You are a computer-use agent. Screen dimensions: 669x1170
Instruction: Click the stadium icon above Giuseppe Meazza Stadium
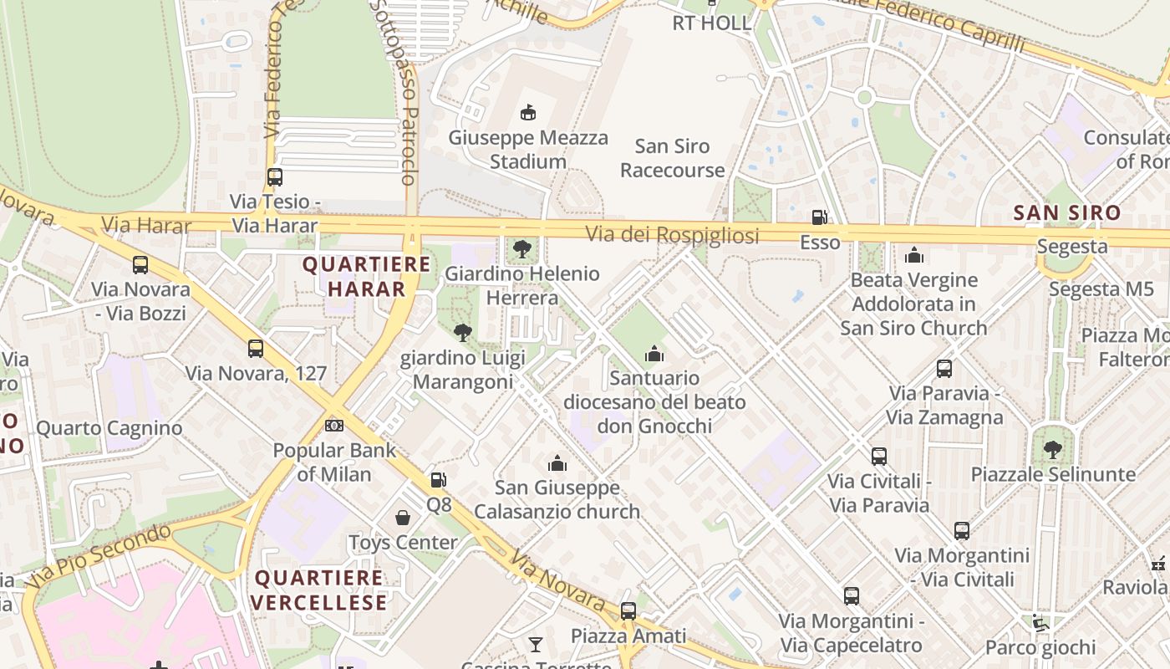coord(527,112)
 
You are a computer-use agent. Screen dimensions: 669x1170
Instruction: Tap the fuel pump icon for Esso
coord(819,217)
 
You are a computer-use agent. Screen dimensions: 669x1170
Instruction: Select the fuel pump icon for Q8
coord(438,480)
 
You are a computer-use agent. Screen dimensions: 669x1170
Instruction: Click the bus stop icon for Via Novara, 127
coord(256,349)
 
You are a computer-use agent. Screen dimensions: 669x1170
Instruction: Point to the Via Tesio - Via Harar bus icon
coord(274,177)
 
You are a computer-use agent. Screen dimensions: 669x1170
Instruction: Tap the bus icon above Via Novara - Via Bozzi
coord(140,265)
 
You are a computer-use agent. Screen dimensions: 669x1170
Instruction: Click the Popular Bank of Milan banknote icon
coord(334,426)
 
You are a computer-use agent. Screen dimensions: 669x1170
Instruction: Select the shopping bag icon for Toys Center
coord(403,518)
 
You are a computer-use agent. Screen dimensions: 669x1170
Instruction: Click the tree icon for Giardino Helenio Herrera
coord(522,248)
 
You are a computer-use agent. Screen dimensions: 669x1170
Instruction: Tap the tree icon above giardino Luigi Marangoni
coord(462,333)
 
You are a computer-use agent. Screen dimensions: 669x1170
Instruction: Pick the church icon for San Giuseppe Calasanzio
coord(557,463)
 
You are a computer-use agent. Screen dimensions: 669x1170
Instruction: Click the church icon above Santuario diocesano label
coord(654,355)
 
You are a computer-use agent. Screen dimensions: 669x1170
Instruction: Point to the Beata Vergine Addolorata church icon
coord(914,255)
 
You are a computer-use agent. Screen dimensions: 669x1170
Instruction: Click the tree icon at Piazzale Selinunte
coord(1052,450)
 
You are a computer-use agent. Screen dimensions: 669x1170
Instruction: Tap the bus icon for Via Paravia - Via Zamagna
coord(944,369)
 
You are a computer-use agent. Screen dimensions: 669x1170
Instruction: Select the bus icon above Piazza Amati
coord(628,611)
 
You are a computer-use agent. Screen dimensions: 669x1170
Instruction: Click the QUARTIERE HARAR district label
coord(366,277)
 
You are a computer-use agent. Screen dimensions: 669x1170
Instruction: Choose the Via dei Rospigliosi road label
coord(672,235)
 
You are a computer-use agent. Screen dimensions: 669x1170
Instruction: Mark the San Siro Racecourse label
coord(672,158)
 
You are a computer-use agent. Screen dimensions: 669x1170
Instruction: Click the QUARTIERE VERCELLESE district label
coord(318,590)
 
